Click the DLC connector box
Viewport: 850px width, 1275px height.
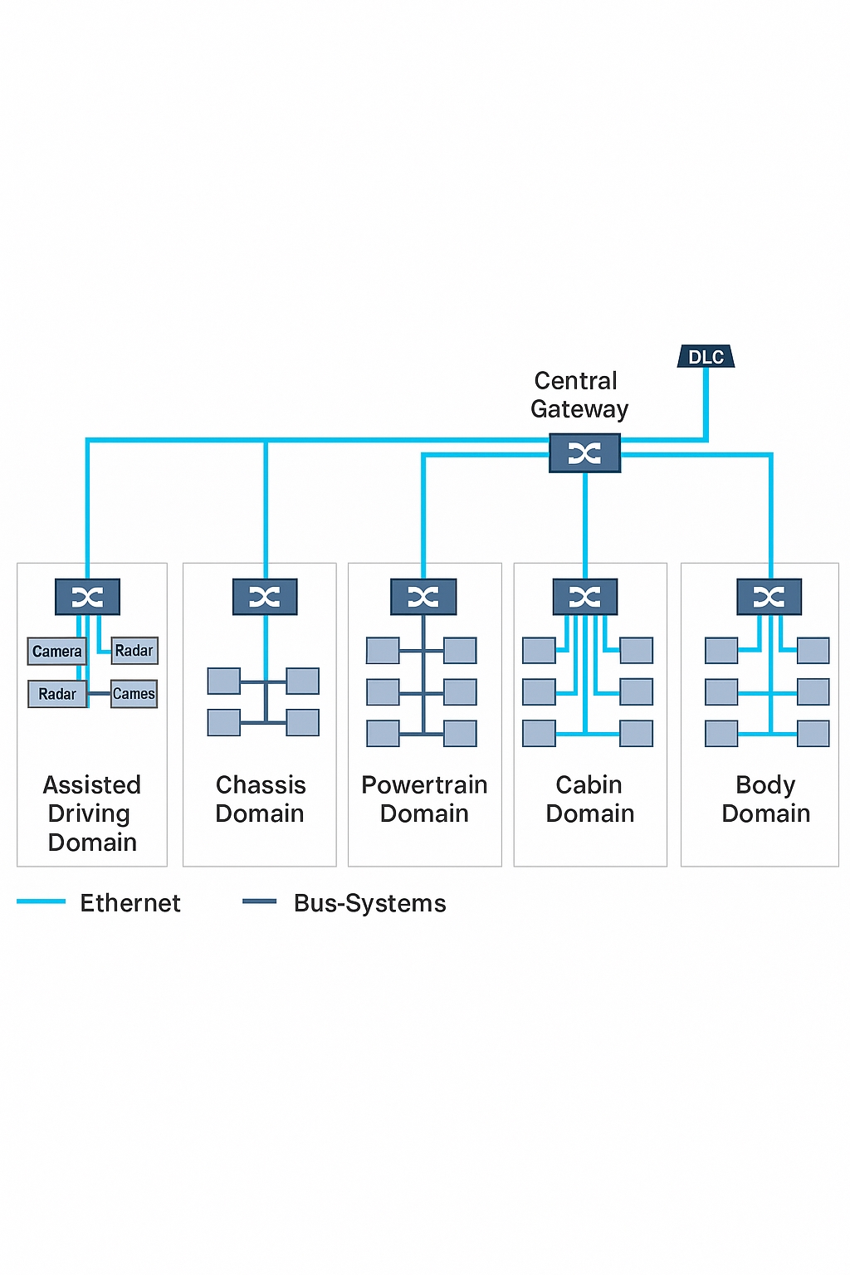coord(706,357)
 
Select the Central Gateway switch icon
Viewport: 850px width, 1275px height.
coord(584,453)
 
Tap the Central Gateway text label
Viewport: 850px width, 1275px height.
coord(579,394)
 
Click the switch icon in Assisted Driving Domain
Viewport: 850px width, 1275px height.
coord(87,597)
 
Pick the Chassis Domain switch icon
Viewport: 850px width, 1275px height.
coord(265,597)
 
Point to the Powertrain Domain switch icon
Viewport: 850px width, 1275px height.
coord(423,597)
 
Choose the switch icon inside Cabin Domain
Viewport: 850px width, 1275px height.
coord(585,597)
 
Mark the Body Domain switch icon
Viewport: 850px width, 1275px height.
coord(769,597)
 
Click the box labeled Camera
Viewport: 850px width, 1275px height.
coord(56,652)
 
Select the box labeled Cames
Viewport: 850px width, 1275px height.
coord(134,693)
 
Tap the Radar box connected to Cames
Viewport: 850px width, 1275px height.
coord(56,694)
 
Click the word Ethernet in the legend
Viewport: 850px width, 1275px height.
coord(130,903)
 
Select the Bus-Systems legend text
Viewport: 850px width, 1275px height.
coord(370,903)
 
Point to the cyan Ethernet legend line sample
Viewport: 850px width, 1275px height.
coord(41,901)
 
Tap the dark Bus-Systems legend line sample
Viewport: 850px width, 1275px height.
coord(259,901)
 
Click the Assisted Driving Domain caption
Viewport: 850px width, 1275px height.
coord(92,813)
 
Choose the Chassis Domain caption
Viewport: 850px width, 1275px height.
coord(260,799)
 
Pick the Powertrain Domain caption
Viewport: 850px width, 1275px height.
coord(424,799)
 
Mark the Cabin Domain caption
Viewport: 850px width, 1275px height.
coord(590,799)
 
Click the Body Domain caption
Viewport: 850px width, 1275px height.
coord(765,799)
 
